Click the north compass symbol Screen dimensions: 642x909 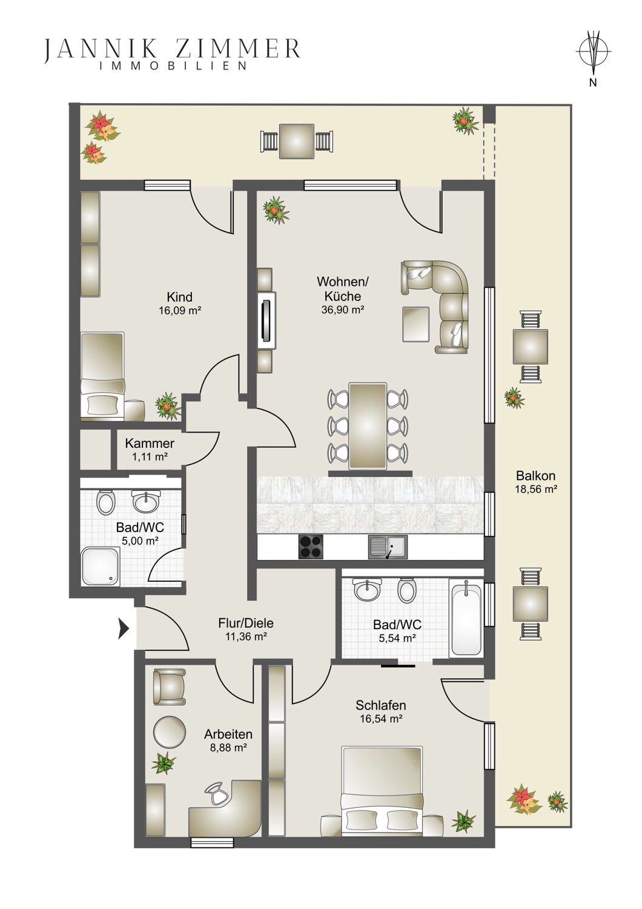click(x=593, y=52)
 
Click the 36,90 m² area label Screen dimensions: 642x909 click(x=343, y=310)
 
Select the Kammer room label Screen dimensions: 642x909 click(x=150, y=443)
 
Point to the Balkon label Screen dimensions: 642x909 click(x=536, y=475)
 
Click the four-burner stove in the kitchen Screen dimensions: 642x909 click(x=311, y=547)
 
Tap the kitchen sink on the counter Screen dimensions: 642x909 click(x=388, y=547)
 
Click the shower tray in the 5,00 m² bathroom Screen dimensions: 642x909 click(x=101, y=566)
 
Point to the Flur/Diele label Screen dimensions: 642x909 click(x=246, y=622)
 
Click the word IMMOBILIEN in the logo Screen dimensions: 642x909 click(x=174, y=65)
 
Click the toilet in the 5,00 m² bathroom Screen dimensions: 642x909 click(x=105, y=503)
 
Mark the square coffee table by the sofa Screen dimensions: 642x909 click(x=415, y=324)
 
